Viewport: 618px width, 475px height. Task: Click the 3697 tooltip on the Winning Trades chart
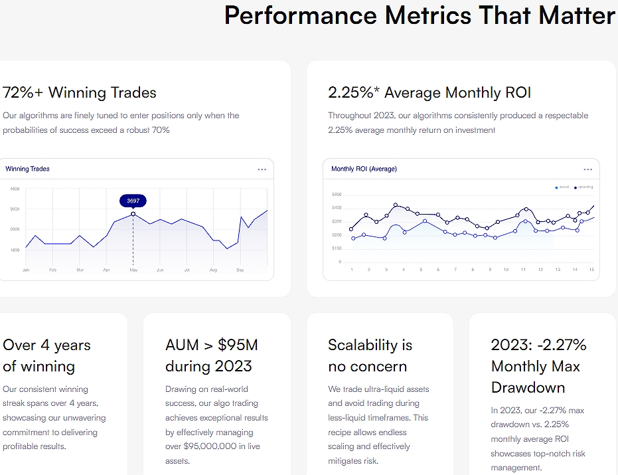(x=133, y=200)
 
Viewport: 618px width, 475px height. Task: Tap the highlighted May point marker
(x=133, y=214)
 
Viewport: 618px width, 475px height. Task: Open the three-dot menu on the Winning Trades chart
(x=262, y=169)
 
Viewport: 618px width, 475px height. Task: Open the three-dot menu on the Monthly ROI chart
(x=587, y=169)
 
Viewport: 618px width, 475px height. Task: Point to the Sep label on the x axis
(x=240, y=270)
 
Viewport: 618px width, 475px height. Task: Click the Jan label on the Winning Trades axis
(x=26, y=270)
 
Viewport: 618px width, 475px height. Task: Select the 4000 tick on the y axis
(x=15, y=189)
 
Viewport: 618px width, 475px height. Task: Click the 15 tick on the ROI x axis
(x=591, y=270)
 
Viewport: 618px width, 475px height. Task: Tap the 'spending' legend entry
(x=585, y=187)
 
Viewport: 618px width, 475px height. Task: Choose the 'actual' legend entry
(x=564, y=187)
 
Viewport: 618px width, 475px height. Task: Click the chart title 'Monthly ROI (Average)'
(x=364, y=169)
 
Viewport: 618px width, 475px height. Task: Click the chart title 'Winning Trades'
(x=27, y=169)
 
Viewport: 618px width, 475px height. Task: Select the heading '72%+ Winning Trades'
(x=80, y=92)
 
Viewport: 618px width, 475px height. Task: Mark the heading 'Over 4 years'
(x=46, y=345)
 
